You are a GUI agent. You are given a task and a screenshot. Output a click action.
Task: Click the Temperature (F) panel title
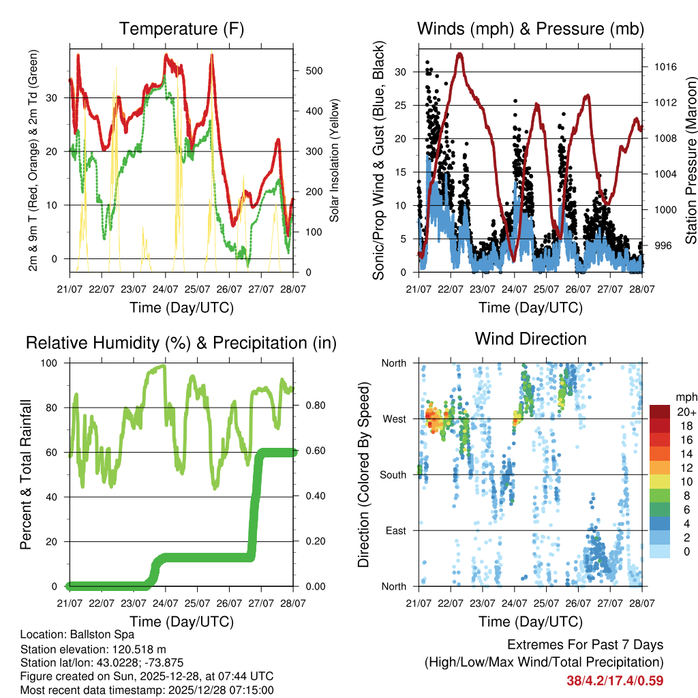tap(181, 29)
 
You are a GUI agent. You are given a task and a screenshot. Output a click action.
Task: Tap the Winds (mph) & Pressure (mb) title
tap(530, 29)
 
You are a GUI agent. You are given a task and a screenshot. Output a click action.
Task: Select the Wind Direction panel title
tap(530, 339)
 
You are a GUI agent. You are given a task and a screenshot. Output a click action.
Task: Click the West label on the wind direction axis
tap(393, 419)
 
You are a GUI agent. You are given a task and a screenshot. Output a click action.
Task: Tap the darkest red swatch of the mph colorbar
tap(659, 412)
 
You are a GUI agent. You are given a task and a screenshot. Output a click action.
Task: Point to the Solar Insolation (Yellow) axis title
tap(334, 157)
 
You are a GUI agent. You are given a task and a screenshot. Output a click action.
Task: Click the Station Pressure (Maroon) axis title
tap(690, 157)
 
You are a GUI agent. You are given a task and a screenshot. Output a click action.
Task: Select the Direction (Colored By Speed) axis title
tap(363, 474)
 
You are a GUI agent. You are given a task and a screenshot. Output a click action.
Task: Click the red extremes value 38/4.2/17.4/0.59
tap(614, 680)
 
